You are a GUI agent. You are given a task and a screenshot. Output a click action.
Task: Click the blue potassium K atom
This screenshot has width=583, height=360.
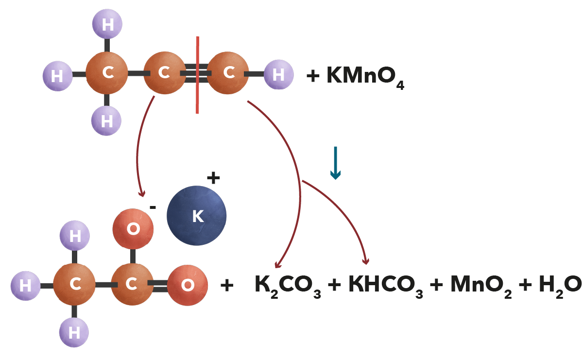tap(196, 216)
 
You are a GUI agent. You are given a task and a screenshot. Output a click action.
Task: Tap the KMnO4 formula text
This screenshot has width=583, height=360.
tap(365, 77)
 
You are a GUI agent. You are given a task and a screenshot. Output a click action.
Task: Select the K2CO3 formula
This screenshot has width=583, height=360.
tap(288, 286)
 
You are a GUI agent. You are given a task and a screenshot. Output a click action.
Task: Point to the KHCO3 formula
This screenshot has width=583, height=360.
tap(386, 286)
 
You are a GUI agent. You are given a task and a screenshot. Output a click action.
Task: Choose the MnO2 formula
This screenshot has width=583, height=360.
tap(481, 286)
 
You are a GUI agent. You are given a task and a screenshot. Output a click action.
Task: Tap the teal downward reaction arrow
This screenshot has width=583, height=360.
tap(336, 163)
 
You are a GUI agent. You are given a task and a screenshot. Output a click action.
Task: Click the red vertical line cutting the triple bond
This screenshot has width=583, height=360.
tap(198, 75)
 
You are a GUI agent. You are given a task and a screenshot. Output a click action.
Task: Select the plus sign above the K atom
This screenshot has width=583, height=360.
tap(213, 178)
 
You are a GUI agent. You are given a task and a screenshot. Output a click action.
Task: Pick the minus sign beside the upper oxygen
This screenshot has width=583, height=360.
tap(153, 207)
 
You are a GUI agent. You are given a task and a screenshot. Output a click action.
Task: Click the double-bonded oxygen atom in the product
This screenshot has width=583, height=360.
tap(188, 285)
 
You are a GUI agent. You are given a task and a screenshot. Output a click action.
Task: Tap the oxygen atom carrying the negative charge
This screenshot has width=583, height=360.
tap(133, 229)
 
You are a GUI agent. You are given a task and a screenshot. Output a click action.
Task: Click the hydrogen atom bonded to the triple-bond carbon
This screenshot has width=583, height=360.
tap(279, 74)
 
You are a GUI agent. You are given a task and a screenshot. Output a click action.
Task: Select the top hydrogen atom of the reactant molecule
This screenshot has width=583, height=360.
tap(107, 24)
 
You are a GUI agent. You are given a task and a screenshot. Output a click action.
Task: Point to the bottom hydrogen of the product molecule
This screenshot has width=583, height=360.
tap(74, 332)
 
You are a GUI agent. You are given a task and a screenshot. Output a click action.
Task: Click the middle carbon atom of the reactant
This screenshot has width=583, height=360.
tap(165, 72)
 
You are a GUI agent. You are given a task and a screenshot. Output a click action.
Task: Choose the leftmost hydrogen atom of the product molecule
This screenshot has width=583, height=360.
tap(25, 286)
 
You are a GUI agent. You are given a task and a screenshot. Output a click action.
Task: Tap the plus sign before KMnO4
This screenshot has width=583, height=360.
tap(313, 76)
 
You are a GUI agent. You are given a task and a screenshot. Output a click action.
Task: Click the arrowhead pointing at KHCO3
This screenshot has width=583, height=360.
tap(366, 261)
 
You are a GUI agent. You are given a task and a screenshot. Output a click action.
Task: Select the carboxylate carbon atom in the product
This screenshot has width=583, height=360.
tap(132, 284)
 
